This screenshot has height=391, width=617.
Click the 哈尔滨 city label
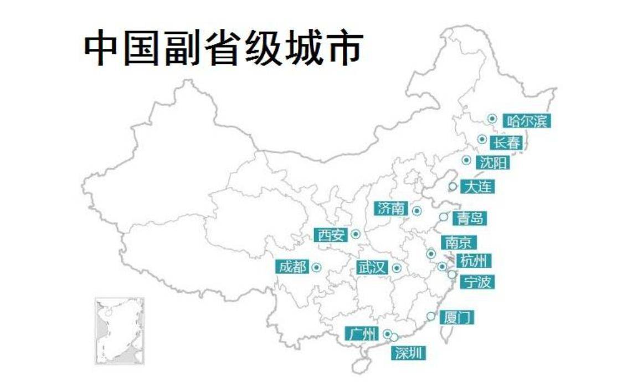(527, 120)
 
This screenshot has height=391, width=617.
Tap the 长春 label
(507, 142)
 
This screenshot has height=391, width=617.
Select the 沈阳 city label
(493, 163)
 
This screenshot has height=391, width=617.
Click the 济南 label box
(391, 209)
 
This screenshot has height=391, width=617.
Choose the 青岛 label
(470, 218)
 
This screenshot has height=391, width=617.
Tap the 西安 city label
(331, 235)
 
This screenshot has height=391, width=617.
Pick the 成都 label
(292, 267)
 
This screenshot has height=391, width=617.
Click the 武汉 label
(371, 268)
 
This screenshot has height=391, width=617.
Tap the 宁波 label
(477, 282)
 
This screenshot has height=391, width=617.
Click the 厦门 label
(457, 318)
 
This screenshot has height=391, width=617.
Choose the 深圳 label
(410, 352)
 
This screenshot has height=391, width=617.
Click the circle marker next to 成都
(317, 267)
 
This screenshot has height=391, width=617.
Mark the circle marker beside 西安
(356, 235)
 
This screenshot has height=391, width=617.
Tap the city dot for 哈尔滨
(492, 118)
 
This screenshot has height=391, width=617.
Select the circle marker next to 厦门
(431, 316)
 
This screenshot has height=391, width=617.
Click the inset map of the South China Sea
(119, 331)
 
